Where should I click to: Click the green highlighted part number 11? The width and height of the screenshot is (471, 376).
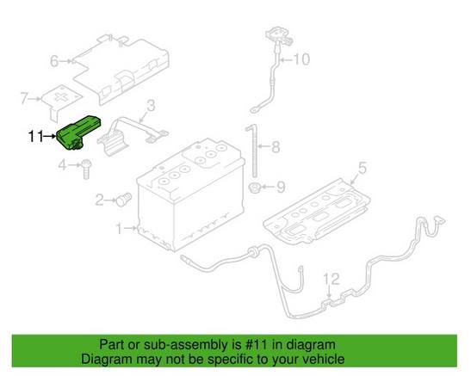click(x=78, y=133)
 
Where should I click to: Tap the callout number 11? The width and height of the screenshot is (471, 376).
click(x=36, y=137)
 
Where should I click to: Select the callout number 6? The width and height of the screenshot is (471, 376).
click(x=54, y=61)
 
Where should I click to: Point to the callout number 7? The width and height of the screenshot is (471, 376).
click(x=25, y=98)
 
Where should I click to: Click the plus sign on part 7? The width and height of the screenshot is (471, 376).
click(x=63, y=96)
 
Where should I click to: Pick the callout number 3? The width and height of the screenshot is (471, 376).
click(x=151, y=105)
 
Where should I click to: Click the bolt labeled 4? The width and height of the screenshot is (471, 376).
click(x=86, y=169)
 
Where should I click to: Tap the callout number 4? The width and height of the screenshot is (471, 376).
click(x=63, y=164)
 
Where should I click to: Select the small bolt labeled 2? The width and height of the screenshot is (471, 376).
click(x=124, y=199)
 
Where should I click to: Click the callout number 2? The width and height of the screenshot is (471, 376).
click(x=99, y=200)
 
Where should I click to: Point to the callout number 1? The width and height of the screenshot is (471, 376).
click(x=119, y=229)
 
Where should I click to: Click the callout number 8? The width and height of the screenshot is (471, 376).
click(x=276, y=147)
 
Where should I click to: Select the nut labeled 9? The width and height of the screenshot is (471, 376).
click(x=255, y=188)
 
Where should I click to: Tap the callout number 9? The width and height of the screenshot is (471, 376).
click(x=281, y=187)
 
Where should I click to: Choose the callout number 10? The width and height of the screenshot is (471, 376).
click(x=301, y=59)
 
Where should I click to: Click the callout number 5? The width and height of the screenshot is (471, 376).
click(x=363, y=168)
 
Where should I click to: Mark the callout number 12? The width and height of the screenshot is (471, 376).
click(x=331, y=279)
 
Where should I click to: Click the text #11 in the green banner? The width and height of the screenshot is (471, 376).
click(x=256, y=345)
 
